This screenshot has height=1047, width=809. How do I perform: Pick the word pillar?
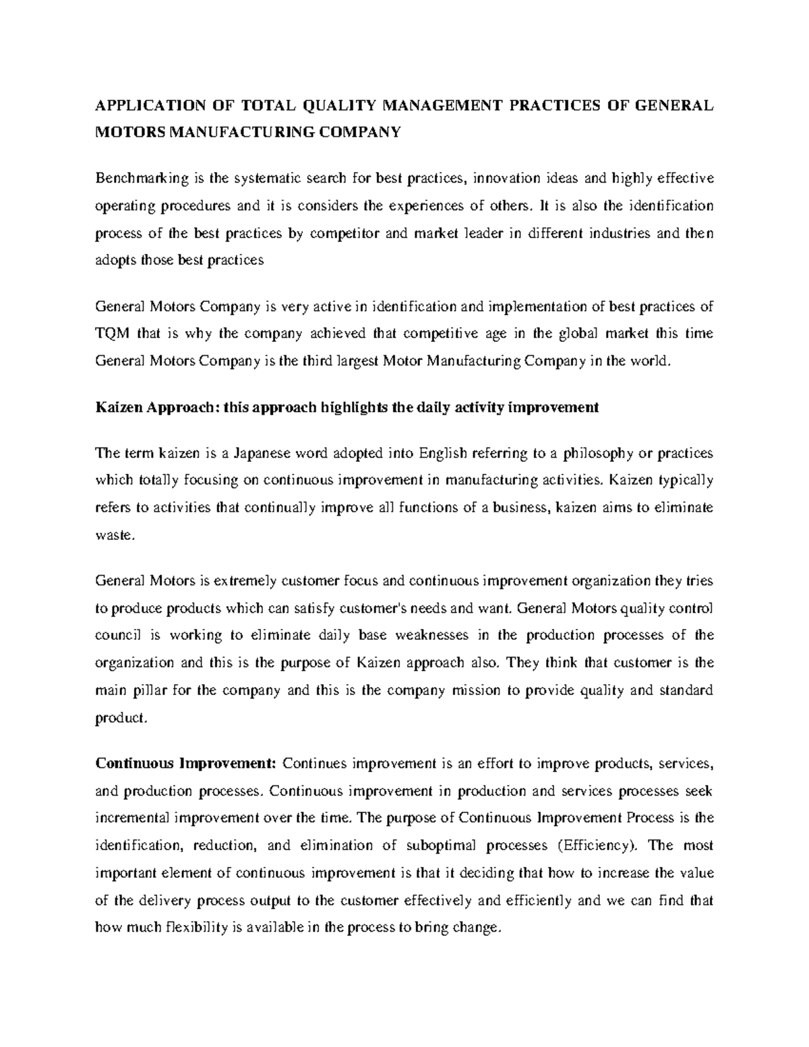pos(148,690)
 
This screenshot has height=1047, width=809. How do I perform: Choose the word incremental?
pos(133,818)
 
